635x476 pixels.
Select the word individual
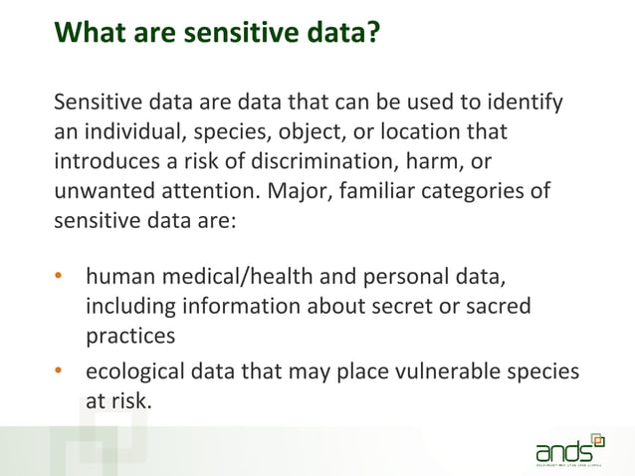[129, 131]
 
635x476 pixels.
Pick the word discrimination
[324, 161]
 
